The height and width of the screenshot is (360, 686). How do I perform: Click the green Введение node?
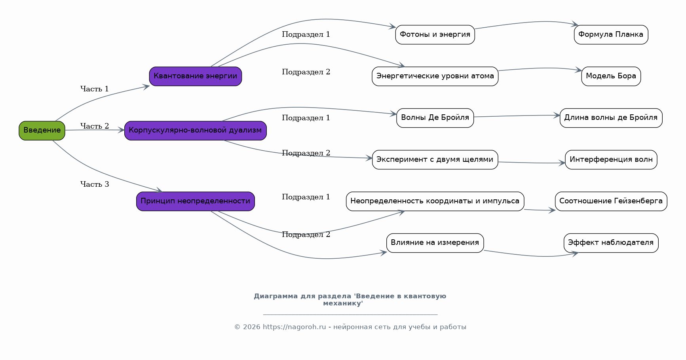click(x=42, y=131)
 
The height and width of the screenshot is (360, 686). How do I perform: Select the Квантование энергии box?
click(x=196, y=76)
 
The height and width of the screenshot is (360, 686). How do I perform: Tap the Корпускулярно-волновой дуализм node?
click(x=196, y=131)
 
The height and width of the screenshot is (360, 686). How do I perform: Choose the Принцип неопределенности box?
click(x=196, y=201)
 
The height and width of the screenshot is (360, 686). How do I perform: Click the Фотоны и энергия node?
click(x=435, y=35)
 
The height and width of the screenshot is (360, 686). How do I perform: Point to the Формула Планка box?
click(x=611, y=35)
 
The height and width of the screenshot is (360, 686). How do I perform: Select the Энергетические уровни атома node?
click(x=435, y=76)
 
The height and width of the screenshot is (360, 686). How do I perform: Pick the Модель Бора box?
click(x=611, y=76)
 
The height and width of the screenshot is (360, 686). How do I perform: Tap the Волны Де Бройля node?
click(x=435, y=118)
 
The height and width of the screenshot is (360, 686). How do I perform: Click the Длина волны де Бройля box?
click(x=611, y=118)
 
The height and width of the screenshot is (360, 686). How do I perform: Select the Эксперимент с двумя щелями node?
click(x=435, y=160)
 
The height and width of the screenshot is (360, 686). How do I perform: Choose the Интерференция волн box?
click(x=611, y=160)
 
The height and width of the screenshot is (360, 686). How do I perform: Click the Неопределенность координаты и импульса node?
click(x=435, y=201)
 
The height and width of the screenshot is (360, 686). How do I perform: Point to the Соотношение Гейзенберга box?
click(x=611, y=201)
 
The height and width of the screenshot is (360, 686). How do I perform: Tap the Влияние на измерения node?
click(x=435, y=243)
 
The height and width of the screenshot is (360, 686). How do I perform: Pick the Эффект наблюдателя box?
click(x=611, y=243)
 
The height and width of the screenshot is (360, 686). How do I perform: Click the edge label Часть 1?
click(x=95, y=89)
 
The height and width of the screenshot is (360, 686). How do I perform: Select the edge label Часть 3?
click(x=95, y=184)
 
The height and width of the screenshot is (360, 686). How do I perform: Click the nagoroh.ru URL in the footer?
click(x=294, y=327)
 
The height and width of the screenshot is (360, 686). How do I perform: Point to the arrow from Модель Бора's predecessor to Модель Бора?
click(x=540, y=68)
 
